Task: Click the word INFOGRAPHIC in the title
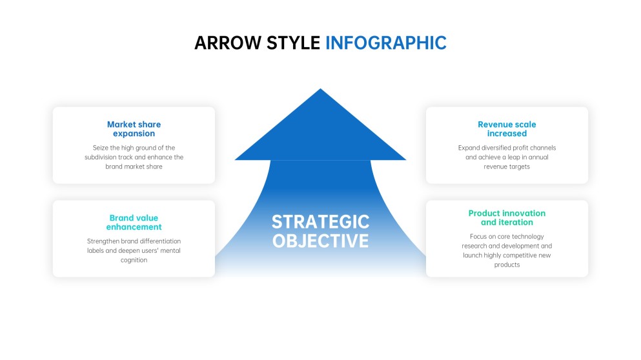385,43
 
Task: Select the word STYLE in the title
290,43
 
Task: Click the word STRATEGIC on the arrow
320,221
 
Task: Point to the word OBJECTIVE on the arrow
320,241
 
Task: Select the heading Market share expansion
134,129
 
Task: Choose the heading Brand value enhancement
134,223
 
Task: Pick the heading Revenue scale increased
507,129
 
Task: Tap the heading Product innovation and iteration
507,217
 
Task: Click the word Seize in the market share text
101,148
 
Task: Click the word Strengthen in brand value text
105,241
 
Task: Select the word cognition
134,260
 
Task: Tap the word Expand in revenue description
469,148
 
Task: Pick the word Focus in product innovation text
478,236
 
